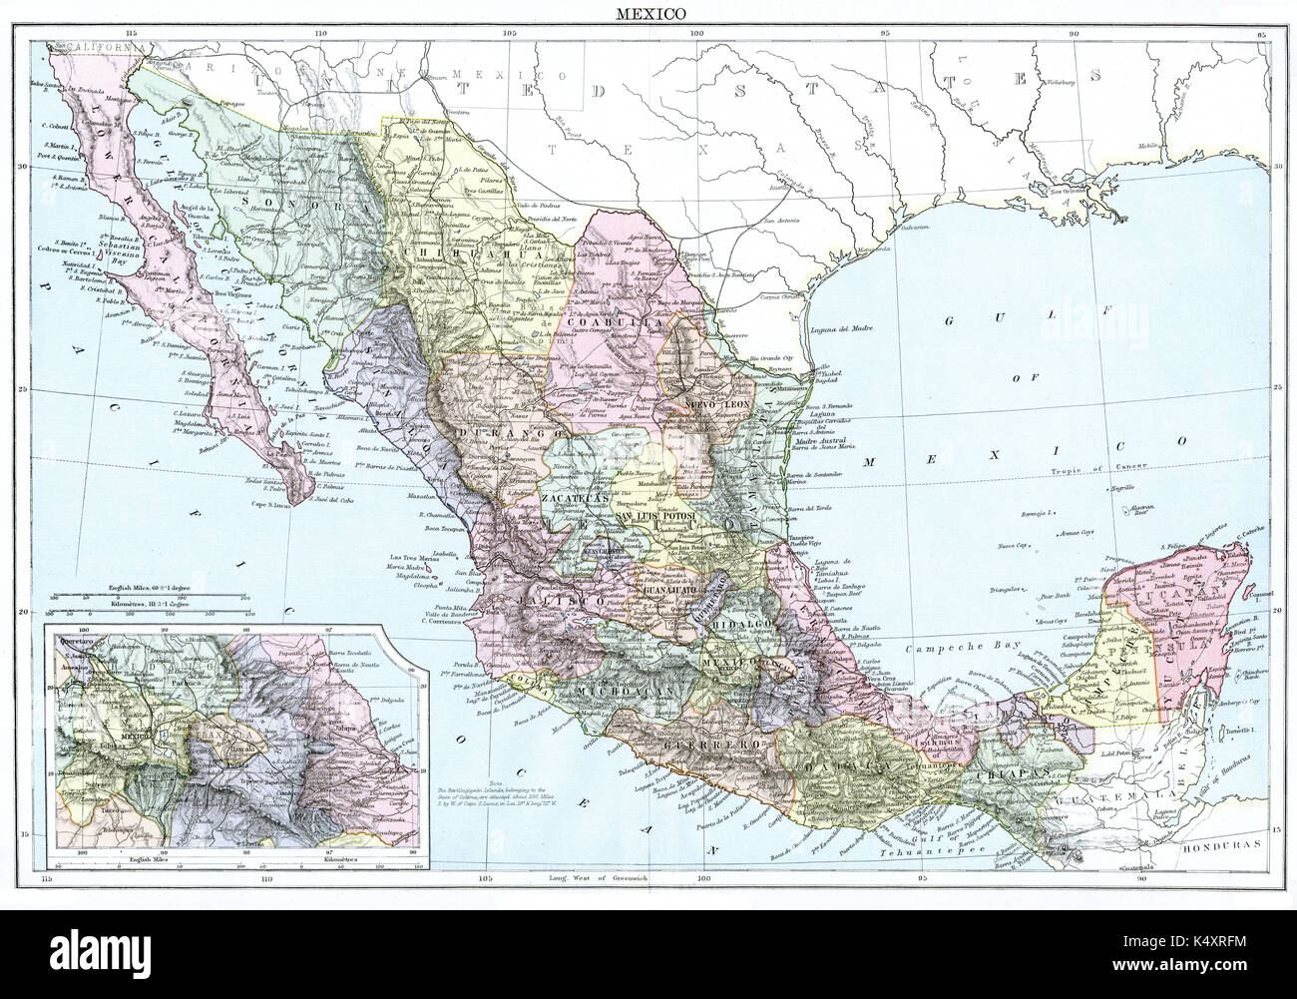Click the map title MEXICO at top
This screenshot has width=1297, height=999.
[x=648, y=14]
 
